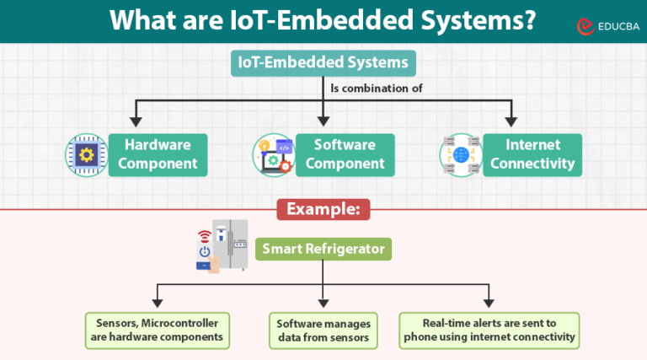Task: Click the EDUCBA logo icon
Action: click(582, 27)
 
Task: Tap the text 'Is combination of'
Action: click(376, 88)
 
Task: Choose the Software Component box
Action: click(345, 154)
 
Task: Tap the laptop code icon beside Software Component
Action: click(273, 154)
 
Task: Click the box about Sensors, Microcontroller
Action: click(157, 330)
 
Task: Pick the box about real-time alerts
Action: click(489, 330)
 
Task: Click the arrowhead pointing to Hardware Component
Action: click(136, 123)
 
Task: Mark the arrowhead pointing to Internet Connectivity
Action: click(510, 123)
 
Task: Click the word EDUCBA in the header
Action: click(615, 27)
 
